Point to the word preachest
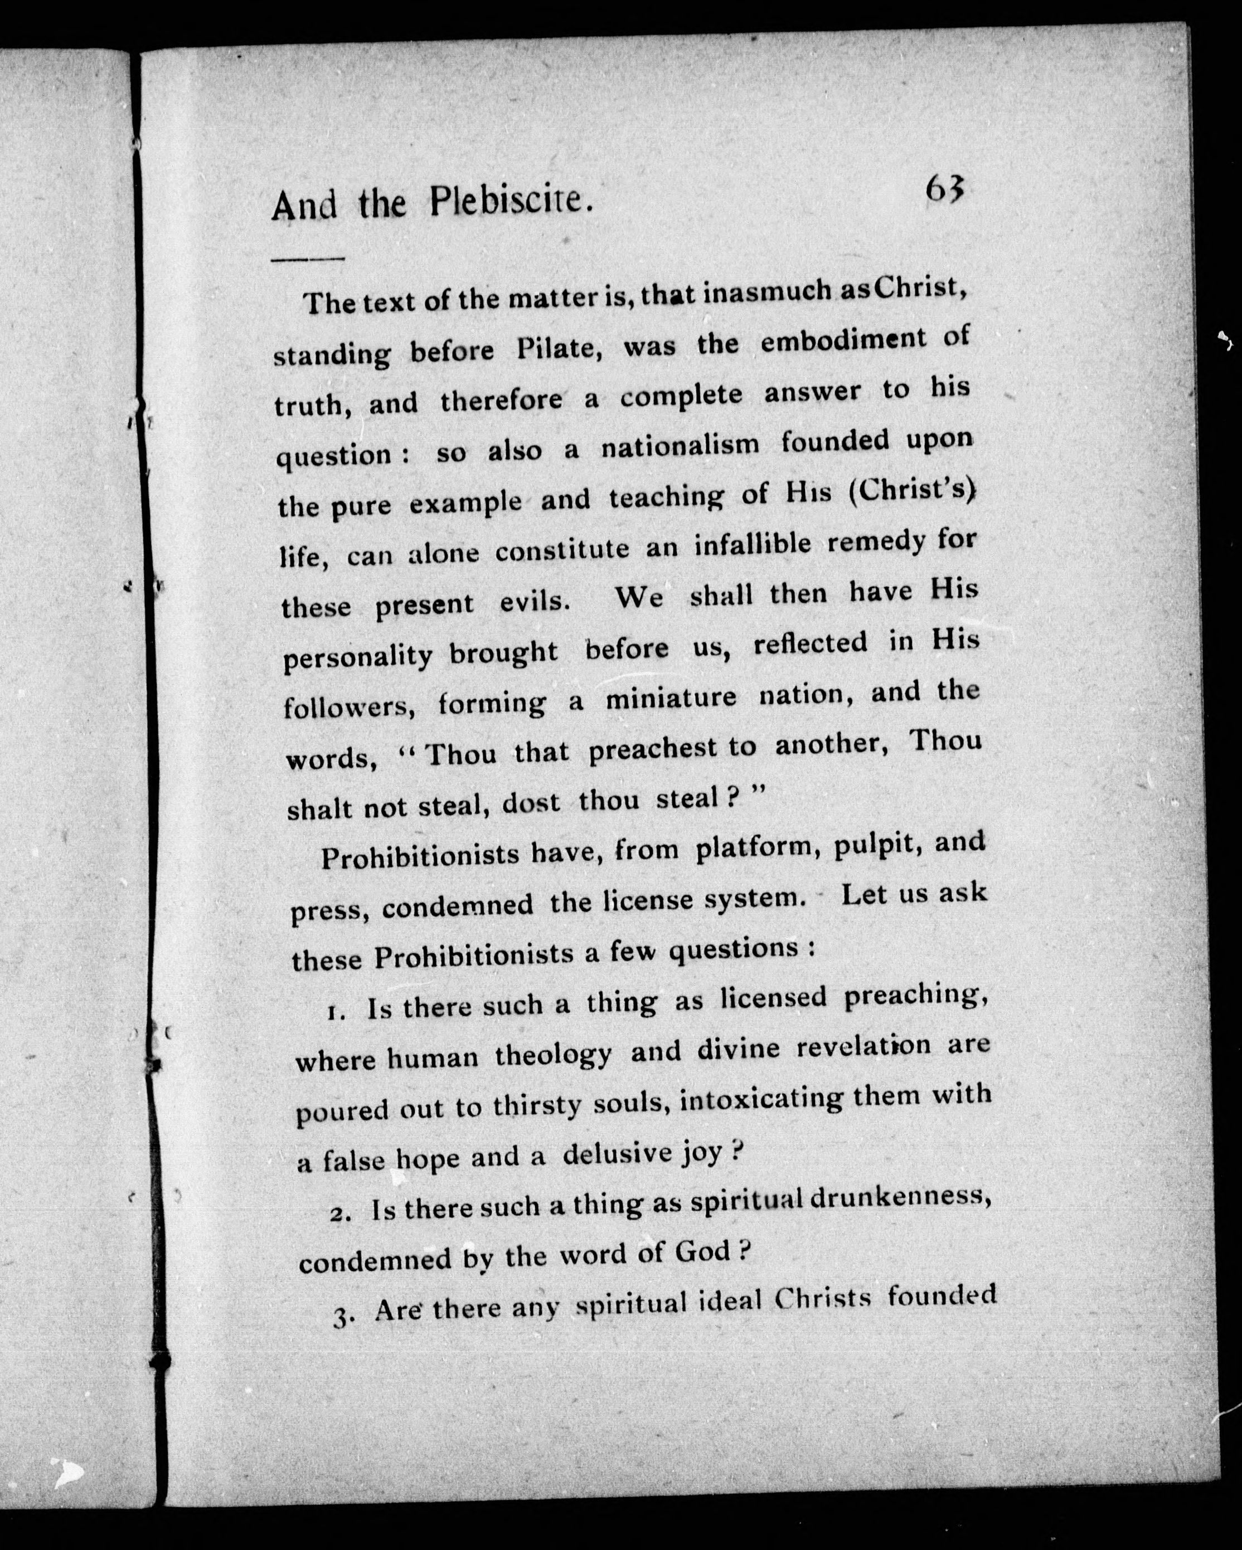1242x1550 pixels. pyautogui.click(x=652, y=749)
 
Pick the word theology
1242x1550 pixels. pyautogui.click(x=553, y=1055)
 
